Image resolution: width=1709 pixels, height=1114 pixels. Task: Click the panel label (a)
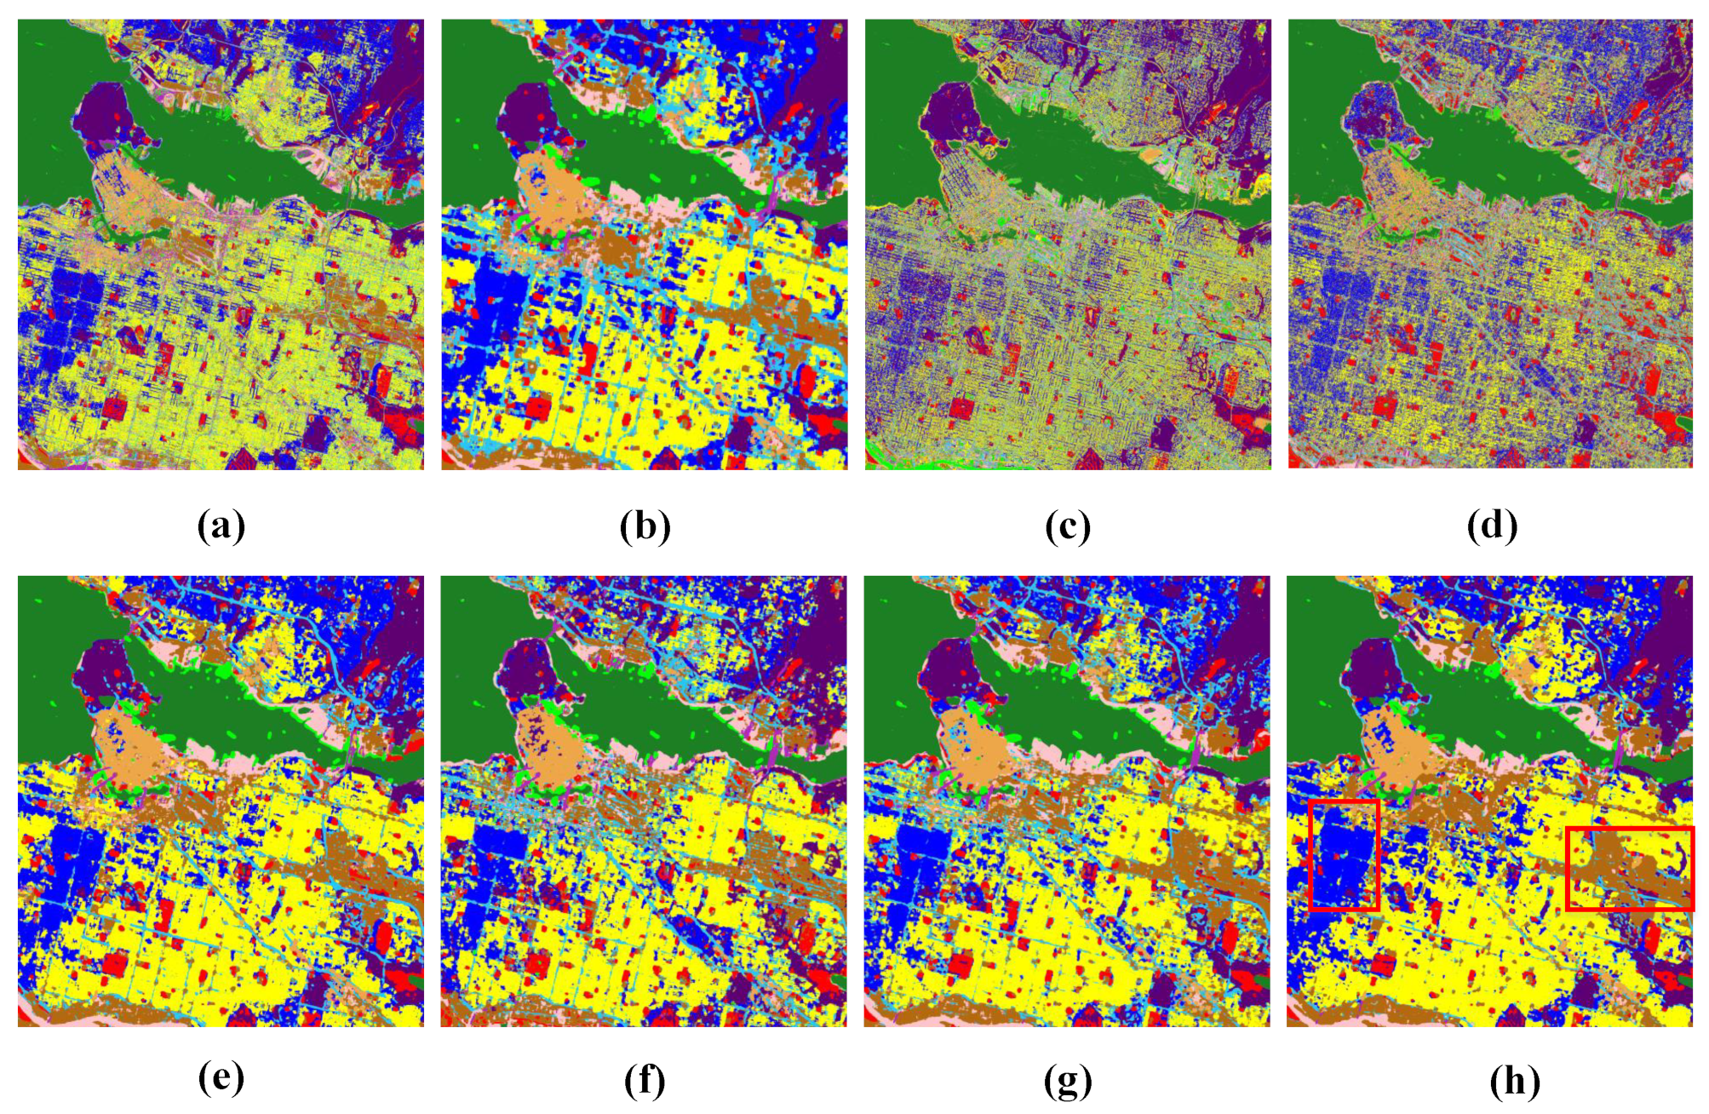[x=221, y=525]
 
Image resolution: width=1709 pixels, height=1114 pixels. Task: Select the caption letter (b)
[x=645, y=525]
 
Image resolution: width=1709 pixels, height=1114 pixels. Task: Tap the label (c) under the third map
[x=1067, y=525]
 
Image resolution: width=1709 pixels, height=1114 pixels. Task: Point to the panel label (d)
[x=1492, y=525]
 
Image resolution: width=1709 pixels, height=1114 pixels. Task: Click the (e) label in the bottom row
[x=221, y=1079]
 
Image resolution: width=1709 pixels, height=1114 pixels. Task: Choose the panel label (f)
[x=644, y=1081]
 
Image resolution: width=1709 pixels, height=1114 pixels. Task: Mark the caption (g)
[x=1067, y=1081]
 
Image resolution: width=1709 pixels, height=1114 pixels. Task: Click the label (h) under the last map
[x=1514, y=1081]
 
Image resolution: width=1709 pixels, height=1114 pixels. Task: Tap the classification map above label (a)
[x=221, y=244]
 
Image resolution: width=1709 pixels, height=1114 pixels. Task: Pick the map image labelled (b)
[x=644, y=244]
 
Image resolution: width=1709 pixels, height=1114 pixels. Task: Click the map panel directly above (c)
[x=1068, y=244]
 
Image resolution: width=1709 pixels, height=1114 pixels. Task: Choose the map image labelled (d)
[x=1490, y=244]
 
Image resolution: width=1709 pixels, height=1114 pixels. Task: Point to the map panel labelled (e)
[x=221, y=801]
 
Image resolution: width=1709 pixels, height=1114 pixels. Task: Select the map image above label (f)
[x=644, y=801]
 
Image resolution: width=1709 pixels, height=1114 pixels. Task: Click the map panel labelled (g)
[x=1067, y=801]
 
